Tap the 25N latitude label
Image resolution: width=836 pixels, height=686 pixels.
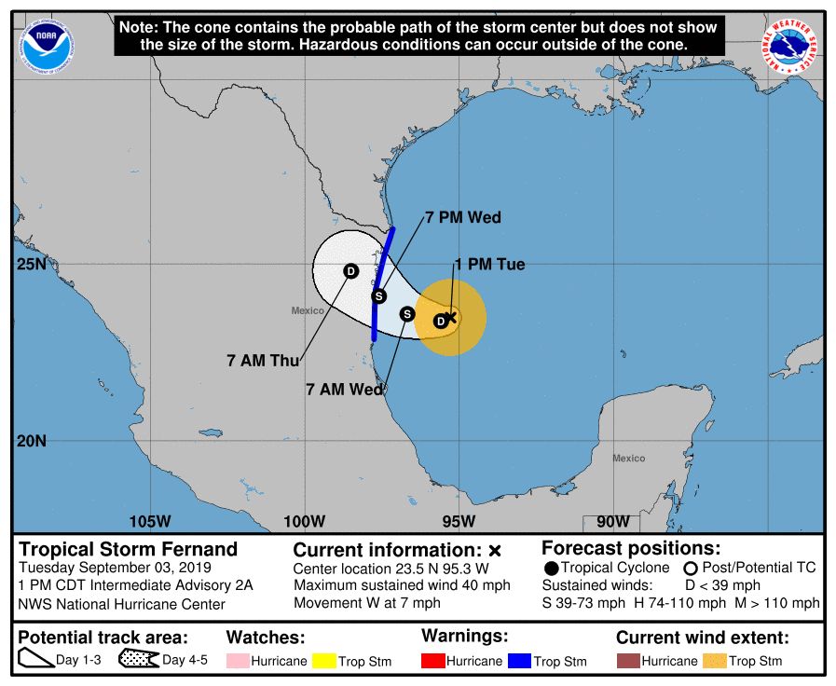coord(32,265)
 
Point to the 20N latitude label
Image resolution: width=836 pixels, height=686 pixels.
coord(32,441)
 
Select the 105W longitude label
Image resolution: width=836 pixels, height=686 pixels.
coord(150,521)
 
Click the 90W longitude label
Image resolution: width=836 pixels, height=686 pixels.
coord(612,521)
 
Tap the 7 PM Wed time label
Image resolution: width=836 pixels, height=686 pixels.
coord(463,218)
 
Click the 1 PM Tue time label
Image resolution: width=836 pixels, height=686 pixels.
coord(489,265)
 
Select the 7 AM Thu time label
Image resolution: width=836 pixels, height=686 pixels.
coord(263,360)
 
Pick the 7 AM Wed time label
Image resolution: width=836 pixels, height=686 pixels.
coord(345,390)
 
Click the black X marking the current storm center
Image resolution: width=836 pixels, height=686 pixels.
coord(451,317)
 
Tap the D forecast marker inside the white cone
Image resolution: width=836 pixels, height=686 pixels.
coord(350,271)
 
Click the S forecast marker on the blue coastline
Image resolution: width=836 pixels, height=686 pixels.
coord(378,296)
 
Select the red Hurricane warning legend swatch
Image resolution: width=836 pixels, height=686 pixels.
coord(433,661)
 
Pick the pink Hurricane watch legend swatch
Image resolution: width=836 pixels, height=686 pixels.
coord(238,661)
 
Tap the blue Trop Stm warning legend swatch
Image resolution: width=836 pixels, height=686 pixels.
coord(519,661)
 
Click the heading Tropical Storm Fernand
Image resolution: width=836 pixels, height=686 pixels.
coord(129,549)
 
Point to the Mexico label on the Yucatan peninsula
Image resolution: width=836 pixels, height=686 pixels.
coord(628,458)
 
